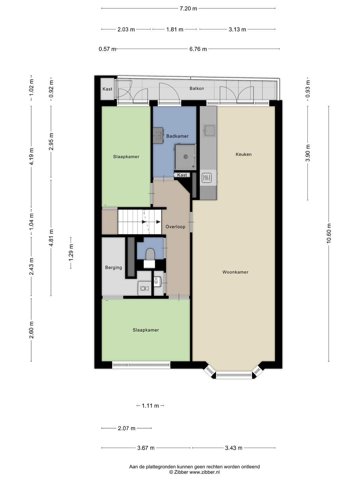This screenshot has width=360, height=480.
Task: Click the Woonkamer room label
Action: [235, 272]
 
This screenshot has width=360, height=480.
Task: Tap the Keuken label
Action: [243, 154]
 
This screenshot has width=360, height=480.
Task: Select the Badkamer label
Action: [177, 136]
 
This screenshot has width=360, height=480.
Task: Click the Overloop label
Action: [175, 227]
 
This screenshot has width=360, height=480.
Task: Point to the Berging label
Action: [113, 267]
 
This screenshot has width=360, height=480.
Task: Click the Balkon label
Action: [197, 88]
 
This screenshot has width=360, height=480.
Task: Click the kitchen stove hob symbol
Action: [207, 178]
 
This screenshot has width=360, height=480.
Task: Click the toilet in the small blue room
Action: [150, 254]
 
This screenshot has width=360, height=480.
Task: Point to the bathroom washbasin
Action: [158, 135]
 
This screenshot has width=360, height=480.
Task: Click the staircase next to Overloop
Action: [139, 222]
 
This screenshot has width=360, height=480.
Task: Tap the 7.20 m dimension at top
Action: [188, 9]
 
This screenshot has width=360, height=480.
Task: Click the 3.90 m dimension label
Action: [308, 153]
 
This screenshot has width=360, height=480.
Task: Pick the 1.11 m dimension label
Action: [150, 406]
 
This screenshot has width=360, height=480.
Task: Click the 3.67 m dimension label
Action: [146, 448]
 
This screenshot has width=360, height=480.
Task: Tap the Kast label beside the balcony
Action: [107, 89]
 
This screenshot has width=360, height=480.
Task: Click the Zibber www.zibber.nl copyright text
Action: [194, 472]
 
